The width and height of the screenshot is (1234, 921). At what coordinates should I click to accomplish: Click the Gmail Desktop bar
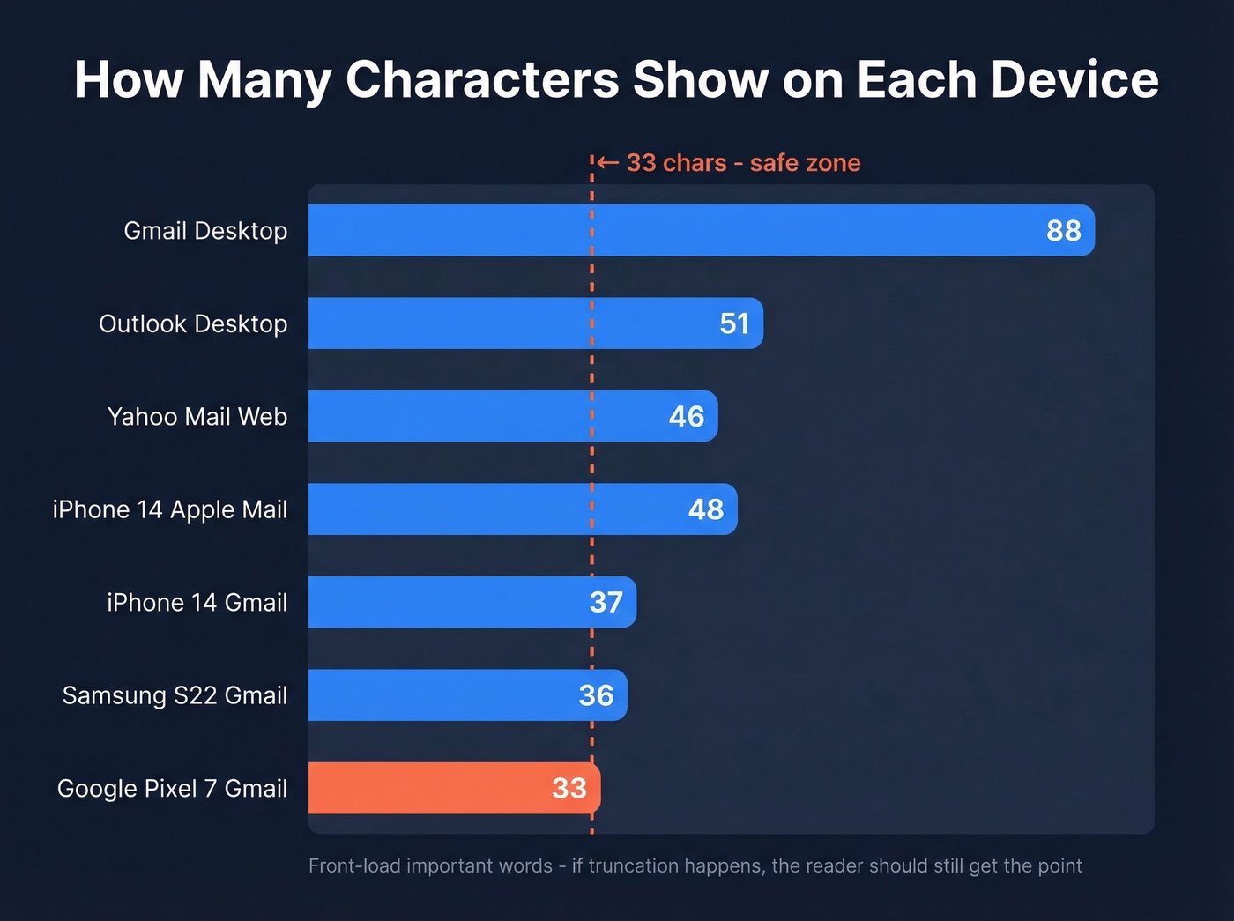pyautogui.click(x=701, y=230)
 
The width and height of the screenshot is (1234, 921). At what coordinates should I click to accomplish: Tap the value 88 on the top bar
pyautogui.click(x=1063, y=231)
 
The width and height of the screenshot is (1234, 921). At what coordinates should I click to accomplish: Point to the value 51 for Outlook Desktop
pyautogui.click(x=734, y=323)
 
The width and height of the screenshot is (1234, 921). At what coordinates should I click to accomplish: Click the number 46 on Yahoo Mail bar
pyautogui.click(x=686, y=416)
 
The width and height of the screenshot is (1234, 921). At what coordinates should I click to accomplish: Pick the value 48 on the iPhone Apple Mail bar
pyautogui.click(x=705, y=509)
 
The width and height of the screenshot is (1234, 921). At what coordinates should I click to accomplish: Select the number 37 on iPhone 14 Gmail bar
pyautogui.click(x=606, y=602)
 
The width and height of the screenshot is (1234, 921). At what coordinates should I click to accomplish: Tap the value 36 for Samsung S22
pyautogui.click(x=596, y=695)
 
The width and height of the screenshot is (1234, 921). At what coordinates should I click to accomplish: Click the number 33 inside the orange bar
pyautogui.click(x=569, y=788)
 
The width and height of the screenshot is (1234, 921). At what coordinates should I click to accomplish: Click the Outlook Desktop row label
pyautogui.click(x=193, y=323)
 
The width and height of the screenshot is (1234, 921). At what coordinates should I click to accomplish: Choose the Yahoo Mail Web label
pyautogui.click(x=197, y=416)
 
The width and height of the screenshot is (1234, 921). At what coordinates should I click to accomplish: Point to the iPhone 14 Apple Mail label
pyautogui.click(x=170, y=509)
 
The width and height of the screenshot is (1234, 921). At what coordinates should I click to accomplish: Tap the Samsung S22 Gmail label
pyautogui.click(x=175, y=695)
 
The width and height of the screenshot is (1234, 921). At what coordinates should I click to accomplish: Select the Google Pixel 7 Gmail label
pyautogui.click(x=172, y=788)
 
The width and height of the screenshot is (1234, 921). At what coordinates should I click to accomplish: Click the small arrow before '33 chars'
pyautogui.click(x=607, y=162)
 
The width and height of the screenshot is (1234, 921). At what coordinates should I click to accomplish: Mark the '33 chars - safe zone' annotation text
pyautogui.click(x=743, y=163)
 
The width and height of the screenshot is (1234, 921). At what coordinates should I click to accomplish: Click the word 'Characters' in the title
pyautogui.click(x=482, y=79)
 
